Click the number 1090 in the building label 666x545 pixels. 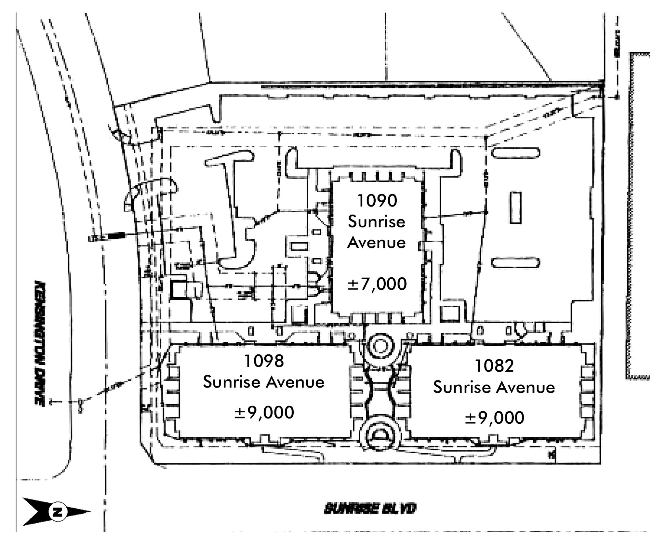[x=377, y=201]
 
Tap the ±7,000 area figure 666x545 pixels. [x=377, y=284]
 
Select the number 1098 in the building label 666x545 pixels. [x=264, y=361]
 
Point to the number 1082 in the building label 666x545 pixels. [x=494, y=366]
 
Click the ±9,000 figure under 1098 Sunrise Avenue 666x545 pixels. [x=264, y=413]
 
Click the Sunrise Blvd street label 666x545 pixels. [x=370, y=509]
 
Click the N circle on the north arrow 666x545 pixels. [x=58, y=512]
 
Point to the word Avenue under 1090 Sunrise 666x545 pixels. [x=377, y=243]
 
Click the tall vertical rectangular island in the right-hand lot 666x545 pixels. [x=515, y=207]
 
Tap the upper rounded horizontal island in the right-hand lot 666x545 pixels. [x=515, y=153]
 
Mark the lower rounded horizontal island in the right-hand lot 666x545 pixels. [x=515, y=263]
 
